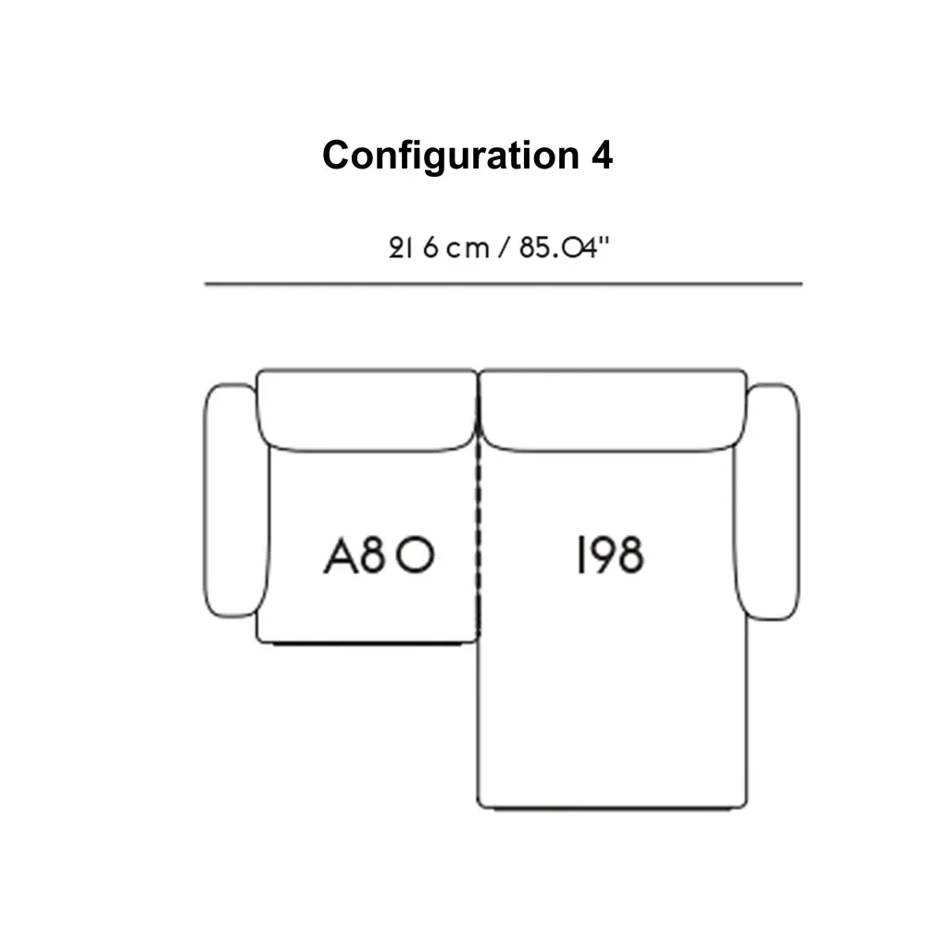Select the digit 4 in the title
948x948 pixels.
click(601, 155)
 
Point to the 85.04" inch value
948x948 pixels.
click(566, 248)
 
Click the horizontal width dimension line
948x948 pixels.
click(503, 284)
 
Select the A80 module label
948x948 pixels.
click(379, 556)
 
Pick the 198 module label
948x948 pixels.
click(609, 556)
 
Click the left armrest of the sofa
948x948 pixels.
click(230, 501)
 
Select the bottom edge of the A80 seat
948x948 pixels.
click(367, 642)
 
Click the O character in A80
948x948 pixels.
click(418, 556)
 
